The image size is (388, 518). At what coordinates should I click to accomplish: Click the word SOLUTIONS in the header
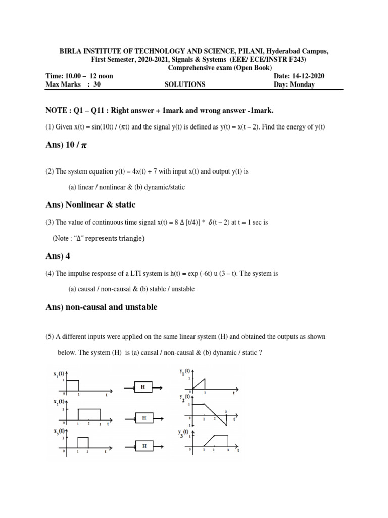185,84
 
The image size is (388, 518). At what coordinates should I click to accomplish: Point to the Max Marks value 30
98,84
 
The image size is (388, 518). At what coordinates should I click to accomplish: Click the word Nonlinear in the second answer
80,205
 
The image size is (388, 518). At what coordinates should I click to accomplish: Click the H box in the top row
143,387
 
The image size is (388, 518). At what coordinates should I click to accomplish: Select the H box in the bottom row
144,446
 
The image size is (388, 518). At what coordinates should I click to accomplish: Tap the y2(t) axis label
182,400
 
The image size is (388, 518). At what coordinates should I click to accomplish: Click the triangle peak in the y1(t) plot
204,379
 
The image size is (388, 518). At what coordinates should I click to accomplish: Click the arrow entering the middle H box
129,418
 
